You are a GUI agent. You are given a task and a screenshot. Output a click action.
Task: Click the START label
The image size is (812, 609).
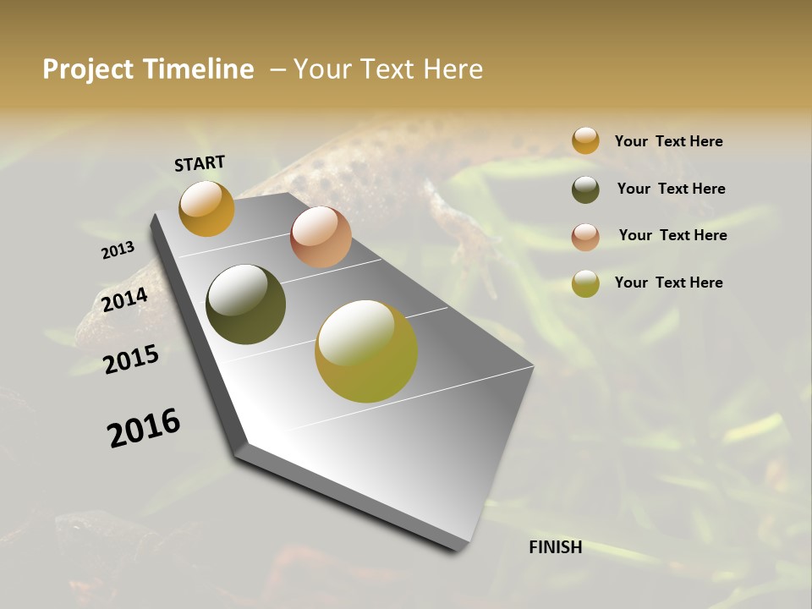click(200, 163)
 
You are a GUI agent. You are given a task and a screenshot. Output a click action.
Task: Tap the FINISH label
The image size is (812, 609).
click(555, 547)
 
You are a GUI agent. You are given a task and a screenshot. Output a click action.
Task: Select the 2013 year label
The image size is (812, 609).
click(118, 250)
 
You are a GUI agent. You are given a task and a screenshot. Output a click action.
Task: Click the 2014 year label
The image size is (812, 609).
click(125, 300)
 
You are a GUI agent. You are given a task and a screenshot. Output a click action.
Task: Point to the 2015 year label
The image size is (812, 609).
click(131, 359)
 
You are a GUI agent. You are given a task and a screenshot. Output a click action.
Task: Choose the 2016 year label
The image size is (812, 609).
click(144, 428)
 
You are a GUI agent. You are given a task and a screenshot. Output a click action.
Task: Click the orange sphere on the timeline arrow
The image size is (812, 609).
click(206, 208)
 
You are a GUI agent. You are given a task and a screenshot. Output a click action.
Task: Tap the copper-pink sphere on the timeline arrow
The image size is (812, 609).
click(321, 237)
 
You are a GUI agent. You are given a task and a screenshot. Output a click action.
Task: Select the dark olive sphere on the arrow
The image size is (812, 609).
click(246, 304)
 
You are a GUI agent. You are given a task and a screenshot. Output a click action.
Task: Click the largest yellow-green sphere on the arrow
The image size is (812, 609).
click(366, 351)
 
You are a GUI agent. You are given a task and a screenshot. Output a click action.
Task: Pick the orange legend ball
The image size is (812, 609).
click(585, 140)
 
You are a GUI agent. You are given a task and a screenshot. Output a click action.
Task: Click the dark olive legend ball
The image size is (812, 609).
click(585, 189)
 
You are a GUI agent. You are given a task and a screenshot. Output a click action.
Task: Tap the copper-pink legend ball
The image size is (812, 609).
click(585, 237)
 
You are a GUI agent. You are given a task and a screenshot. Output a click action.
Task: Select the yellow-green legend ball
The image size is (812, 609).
click(585, 283)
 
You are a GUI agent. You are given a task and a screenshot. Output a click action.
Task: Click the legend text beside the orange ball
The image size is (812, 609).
click(668, 141)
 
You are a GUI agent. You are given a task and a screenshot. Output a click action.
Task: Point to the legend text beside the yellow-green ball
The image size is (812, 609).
click(668, 283)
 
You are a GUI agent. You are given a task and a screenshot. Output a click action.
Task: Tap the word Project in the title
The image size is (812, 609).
click(89, 69)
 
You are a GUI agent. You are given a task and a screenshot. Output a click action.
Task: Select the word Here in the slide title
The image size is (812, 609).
click(453, 69)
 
